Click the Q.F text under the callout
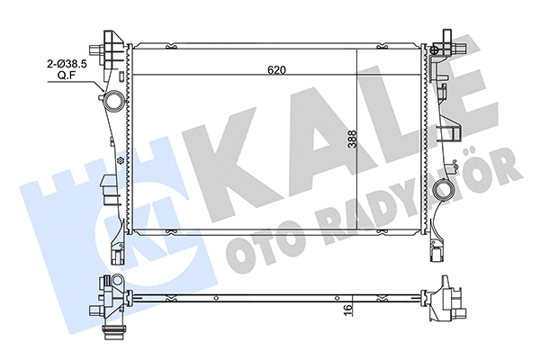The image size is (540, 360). point(67,77)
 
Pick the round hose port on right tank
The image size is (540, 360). point(442,190)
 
